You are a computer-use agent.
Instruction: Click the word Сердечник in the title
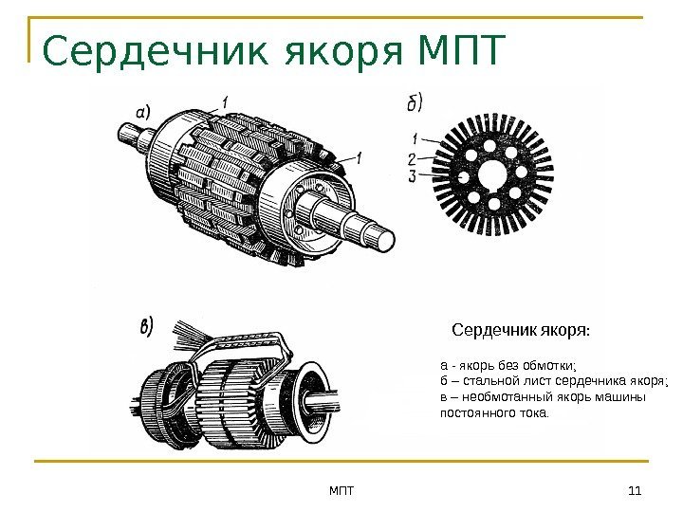(x=156, y=50)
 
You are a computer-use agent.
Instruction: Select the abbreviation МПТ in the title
(x=461, y=49)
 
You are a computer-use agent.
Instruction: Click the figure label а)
(x=143, y=112)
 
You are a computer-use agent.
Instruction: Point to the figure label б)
(x=415, y=102)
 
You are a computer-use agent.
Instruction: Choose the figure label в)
(x=147, y=326)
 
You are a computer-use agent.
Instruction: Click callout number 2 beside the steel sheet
(x=412, y=159)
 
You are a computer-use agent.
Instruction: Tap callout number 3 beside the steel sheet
(x=412, y=176)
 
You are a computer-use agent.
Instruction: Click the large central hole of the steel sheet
(x=492, y=175)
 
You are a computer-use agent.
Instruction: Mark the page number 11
(x=635, y=491)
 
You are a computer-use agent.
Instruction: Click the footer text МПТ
(x=341, y=491)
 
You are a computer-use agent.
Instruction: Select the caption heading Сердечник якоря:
(x=521, y=330)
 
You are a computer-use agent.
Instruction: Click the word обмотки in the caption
(x=549, y=365)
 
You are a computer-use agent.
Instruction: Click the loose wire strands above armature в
(x=189, y=334)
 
